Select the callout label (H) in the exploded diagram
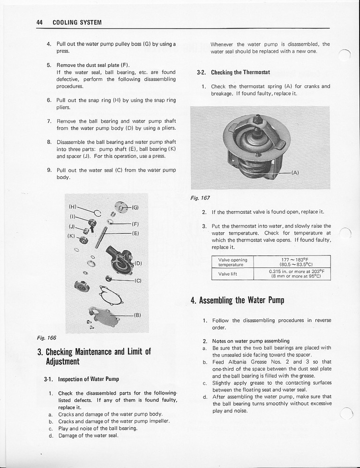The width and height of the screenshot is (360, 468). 73,206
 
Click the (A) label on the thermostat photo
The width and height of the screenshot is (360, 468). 295,172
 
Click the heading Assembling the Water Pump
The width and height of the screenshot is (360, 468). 238,300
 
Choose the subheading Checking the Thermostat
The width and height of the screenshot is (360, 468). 240,72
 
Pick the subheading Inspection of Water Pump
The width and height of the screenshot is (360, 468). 88,379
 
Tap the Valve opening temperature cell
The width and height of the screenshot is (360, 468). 233,262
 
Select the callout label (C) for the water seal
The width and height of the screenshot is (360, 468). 137,281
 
